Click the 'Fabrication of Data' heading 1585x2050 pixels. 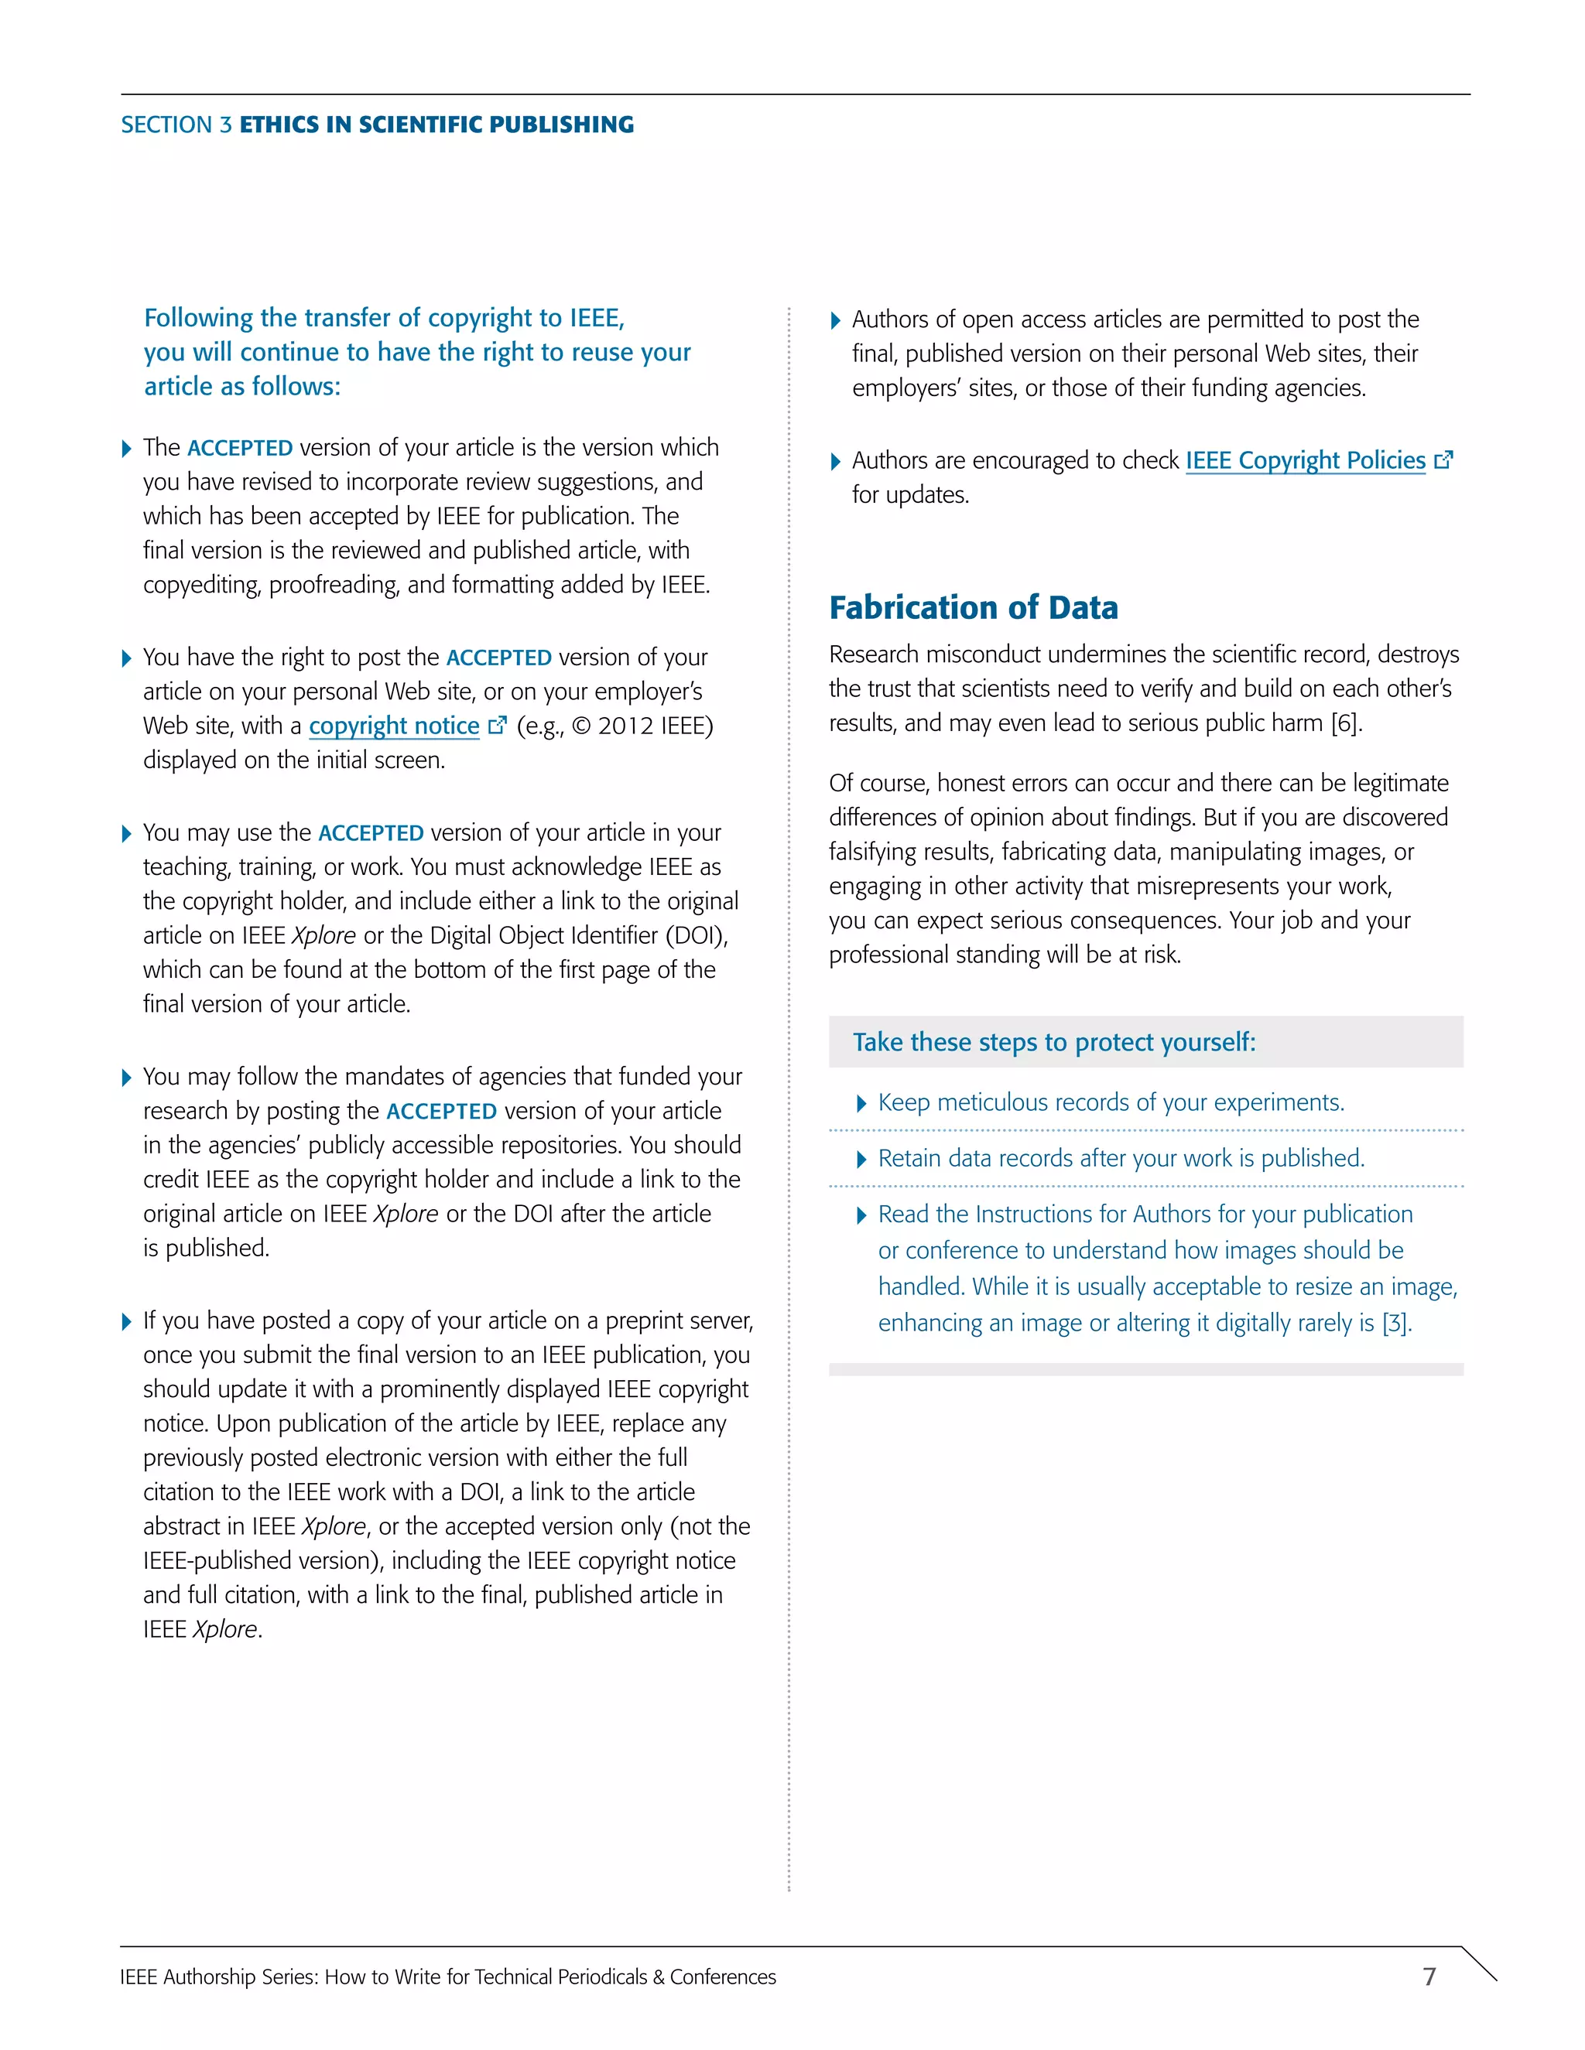pyautogui.click(x=973, y=607)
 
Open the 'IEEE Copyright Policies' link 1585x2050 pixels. pyautogui.click(x=1304, y=461)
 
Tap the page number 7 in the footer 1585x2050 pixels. pyautogui.click(x=1429, y=1976)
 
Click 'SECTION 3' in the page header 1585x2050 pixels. pyautogui.click(x=176, y=125)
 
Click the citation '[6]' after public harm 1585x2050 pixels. pyautogui.click(x=1344, y=724)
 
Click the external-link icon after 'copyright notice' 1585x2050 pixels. pyautogui.click(x=498, y=725)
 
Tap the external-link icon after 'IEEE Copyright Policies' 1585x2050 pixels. pyautogui.click(x=1444, y=460)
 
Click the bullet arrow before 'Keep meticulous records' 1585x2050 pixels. pyautogui.click(x=861, y=1104)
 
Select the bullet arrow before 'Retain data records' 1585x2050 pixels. pyautogui.click(x=861, y=1160)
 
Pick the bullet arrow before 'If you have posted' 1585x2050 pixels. pyautogui.click(x=127, y=1323)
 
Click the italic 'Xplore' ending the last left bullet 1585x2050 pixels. pyautogui.click(x=225, y=1629)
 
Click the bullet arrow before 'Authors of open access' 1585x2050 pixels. pyautogui.click(x=835, y=321)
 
